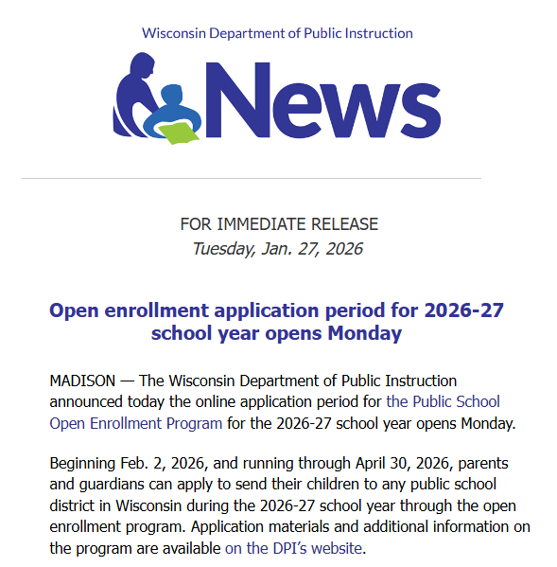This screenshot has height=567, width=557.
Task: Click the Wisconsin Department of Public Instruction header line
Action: [x=277, y=33]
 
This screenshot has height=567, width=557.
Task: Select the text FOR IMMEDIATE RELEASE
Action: [x=279, y=224]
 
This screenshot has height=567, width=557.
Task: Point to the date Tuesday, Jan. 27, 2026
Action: [x=277, y=249]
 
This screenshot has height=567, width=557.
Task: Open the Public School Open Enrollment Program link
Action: [x=274, y=412]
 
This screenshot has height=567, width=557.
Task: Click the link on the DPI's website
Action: [x=294, y=547]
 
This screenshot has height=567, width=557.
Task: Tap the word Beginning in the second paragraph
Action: [x=86, y=464]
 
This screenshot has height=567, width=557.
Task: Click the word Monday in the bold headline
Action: [x=365, y=333]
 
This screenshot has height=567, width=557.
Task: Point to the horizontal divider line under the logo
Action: [x=251, y=178]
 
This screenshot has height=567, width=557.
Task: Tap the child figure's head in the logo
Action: [x=172, y=97]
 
